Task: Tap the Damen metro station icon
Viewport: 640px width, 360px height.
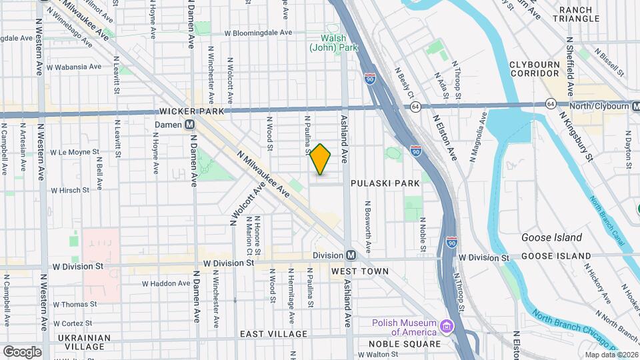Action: pos(190,125)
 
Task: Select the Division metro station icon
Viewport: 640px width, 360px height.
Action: pos(351,255)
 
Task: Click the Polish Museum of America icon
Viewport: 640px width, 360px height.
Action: pos(446,327)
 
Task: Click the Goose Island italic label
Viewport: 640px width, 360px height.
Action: pos(551,237)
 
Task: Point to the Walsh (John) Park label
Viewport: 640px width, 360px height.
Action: pos(333,43)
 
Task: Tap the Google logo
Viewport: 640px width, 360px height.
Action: pos(22,351)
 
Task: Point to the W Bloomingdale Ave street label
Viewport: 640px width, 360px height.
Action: pos(258,32)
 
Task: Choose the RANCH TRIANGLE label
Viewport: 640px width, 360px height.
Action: pos(579,14)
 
